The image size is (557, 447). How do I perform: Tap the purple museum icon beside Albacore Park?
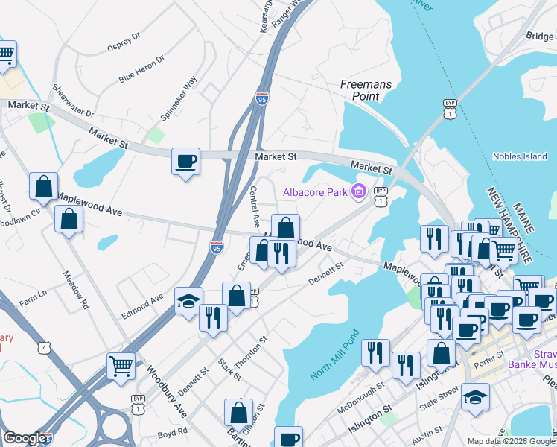click(x=359, y=192)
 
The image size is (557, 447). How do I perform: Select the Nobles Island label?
click(x=520, y=156)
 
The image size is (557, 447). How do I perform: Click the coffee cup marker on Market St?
click(x=185, y=161)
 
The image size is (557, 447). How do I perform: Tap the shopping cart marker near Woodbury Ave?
click(x=121, y=366)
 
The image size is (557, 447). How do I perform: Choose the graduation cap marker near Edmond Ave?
click(x=189, y=301)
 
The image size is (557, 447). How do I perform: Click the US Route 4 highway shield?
click(x=45, y=348)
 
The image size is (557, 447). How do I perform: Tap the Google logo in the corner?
click(x=25, y=438)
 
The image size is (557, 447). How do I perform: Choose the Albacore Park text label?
click(x=316, y=192)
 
